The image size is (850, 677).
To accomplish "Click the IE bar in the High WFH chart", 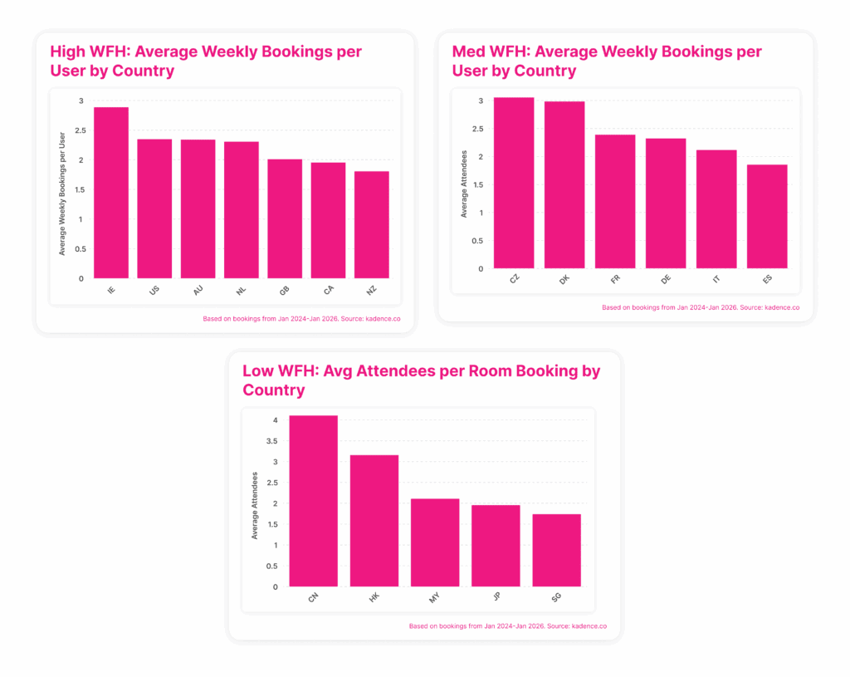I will click(110, 193).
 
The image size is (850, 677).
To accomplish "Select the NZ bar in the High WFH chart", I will click(371, 224).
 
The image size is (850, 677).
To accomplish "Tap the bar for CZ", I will click(513, 183).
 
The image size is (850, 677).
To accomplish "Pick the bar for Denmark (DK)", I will click(564, 184).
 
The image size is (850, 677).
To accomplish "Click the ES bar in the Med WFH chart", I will click(767, 216).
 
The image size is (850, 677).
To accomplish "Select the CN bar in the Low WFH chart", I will click(313, 501).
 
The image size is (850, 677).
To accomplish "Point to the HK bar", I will click(374, 521).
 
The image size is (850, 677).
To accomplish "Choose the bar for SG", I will click(556, 550).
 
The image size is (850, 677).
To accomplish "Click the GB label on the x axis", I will click(284, 291).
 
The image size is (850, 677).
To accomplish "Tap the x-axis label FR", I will click(614, 281).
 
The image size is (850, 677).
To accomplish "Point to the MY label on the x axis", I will click(434, 598).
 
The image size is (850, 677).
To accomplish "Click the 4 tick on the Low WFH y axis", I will click(275, 420).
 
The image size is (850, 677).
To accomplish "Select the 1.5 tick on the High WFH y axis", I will click(81, 190).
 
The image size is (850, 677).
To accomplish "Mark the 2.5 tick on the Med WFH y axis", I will click(481, 130).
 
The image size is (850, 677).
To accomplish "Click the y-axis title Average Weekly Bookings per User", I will click(61, 190).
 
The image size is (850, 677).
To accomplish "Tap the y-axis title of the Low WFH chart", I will click(255, 506).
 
